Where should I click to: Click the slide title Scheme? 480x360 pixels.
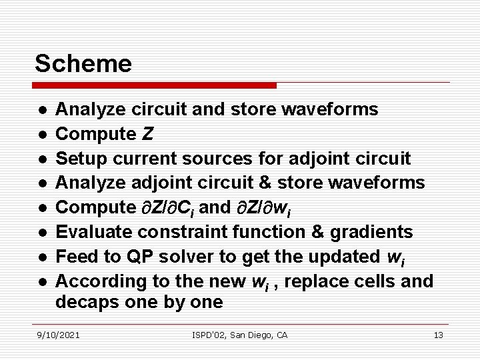[x=83, y=64]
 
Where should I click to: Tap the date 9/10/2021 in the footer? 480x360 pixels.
[x=58, y=335]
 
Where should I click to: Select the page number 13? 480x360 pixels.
[x=438, y=335]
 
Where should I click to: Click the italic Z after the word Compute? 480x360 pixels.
[x=147, y=134]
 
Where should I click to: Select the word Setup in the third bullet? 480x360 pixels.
[x=77, y=159]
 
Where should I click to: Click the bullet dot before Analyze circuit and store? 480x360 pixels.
[x=42, y=110]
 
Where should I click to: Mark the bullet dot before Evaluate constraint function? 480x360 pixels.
[x=42, y=233]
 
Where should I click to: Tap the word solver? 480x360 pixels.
[x=175, y=256]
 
